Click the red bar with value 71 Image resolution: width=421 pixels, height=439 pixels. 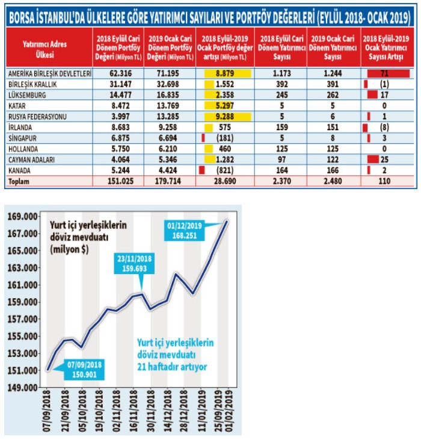click(388, 73)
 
